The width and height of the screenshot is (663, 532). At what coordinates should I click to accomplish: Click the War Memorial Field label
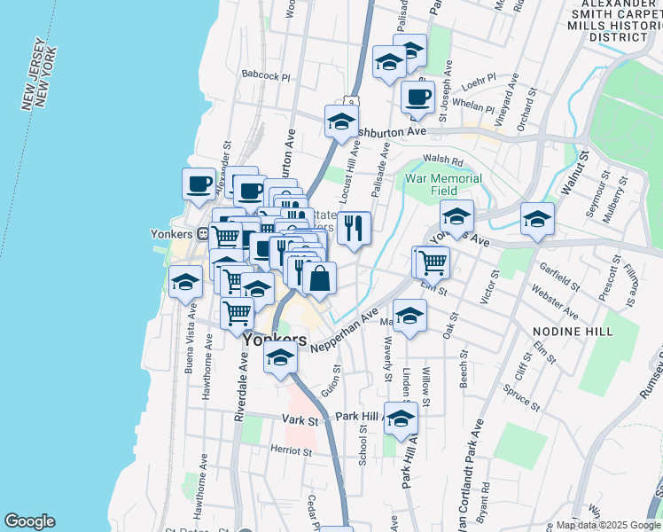(443, 184)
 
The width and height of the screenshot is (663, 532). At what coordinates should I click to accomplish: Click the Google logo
(29, 521)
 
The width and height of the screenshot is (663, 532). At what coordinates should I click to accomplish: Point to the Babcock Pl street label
(266, 77)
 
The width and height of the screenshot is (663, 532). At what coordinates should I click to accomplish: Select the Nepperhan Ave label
(345, 329)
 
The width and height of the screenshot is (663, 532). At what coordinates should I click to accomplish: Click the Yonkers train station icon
(202, 234)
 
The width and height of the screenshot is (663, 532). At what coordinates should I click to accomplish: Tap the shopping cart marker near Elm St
(433, 262)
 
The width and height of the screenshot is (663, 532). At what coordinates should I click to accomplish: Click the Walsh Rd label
(444, 160)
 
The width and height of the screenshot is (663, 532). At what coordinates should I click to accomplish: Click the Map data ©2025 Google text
(609, 525)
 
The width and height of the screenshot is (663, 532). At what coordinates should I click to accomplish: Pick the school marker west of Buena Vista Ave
(185, 282)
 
